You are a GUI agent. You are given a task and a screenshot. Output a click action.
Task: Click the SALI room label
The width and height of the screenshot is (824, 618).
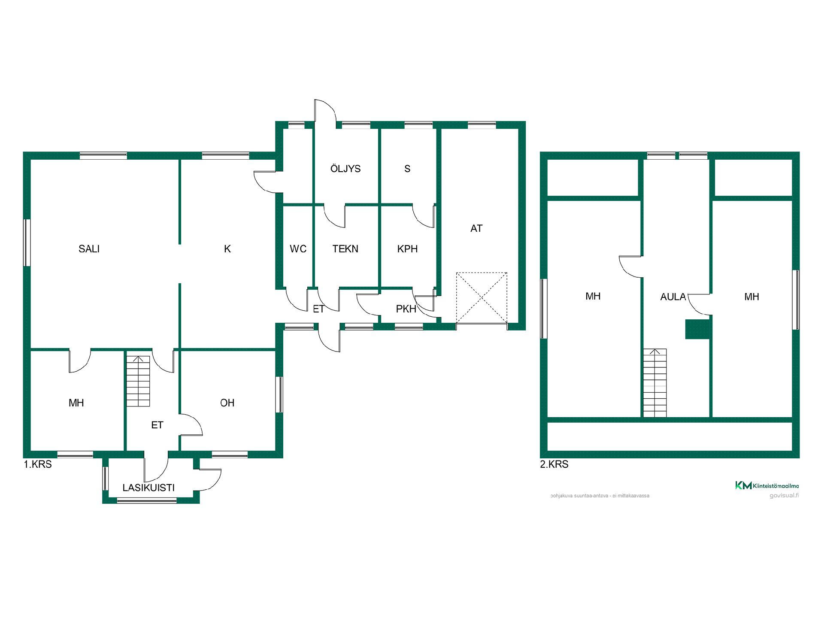89,249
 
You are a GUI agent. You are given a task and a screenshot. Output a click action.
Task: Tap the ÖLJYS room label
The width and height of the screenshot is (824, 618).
345,168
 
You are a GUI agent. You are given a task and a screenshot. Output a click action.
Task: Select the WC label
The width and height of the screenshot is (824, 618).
298,249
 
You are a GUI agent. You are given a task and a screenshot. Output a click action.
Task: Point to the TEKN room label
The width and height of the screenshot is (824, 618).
345,249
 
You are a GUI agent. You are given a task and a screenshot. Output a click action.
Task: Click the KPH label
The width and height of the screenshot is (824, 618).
407,249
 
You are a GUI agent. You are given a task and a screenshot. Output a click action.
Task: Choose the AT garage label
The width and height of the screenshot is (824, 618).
476,228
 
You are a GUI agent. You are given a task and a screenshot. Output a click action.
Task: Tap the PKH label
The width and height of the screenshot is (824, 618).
406,309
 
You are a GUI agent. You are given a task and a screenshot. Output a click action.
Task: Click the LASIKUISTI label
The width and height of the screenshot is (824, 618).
148,488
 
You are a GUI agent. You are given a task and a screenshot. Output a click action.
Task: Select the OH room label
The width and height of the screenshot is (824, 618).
227,403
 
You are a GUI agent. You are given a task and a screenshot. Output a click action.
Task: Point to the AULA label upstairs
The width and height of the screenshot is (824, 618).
673,297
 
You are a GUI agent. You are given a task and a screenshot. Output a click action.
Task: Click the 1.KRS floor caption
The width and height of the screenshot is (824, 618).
38,464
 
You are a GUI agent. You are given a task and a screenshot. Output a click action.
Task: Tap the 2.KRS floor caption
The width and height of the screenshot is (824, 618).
554,464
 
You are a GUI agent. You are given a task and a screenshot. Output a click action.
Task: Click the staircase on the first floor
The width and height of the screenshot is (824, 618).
138,381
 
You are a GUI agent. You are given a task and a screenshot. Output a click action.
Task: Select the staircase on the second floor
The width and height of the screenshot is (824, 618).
654,383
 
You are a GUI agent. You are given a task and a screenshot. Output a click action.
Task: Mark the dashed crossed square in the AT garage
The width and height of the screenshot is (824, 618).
482,297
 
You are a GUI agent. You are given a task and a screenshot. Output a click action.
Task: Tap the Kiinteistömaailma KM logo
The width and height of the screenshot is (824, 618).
767,485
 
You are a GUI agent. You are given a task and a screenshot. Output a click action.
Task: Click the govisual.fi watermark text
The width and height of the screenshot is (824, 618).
784,496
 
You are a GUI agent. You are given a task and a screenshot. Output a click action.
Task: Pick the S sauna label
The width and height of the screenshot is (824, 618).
407,169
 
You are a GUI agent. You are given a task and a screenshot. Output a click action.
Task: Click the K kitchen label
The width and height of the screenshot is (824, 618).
227,249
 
